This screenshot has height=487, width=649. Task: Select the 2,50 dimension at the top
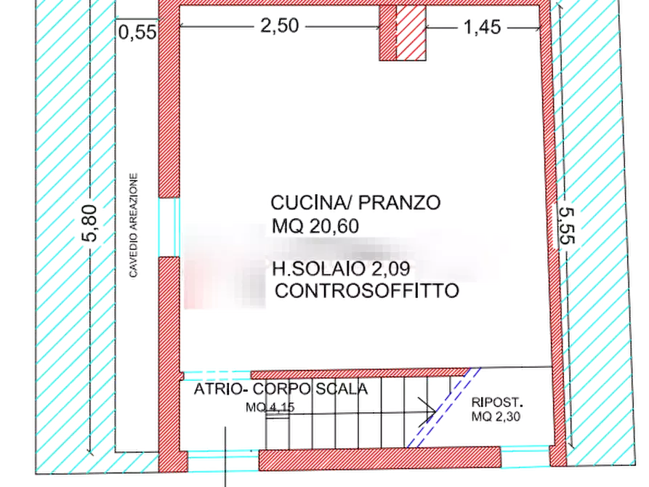[278, 26]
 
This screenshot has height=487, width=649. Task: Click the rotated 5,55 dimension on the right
[565, 228]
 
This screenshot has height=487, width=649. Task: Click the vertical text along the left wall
[134, 225]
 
